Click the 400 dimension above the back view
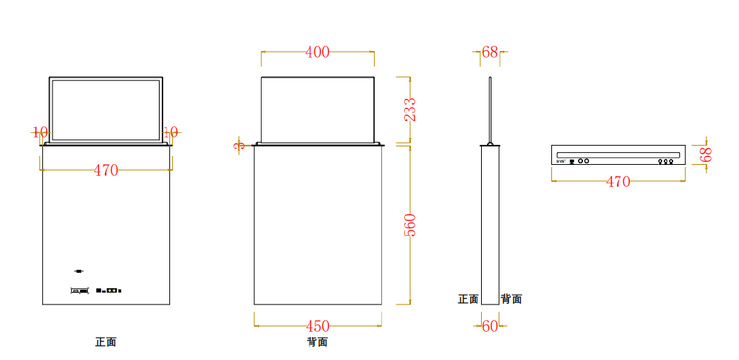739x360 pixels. click(x=317, y=52)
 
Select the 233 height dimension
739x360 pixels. click(x=410, y=109)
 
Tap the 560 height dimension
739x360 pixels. click(x=410, y=225)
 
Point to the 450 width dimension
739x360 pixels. click(x=318, y=326)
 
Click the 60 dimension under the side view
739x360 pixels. click(x=490, y=326)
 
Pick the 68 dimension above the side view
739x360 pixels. click(x=490, y=52)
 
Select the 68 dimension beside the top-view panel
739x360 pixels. click(x=706, y=154)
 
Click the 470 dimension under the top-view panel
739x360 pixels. click(x=618, y=182)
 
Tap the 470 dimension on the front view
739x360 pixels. click(x=106, y=171)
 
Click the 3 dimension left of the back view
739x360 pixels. click(x=239, y=146)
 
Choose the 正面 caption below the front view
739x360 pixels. click(x=106, y=342)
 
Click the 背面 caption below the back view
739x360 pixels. click(x=317, y=342)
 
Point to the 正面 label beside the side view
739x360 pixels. click(x=468, y=299)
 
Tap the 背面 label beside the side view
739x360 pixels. click(x=511, y=299)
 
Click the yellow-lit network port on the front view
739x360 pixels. click(x=112, y=291)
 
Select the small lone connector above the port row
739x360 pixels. click(x=79, y=271)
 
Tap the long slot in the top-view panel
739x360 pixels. click(x=618, y=153)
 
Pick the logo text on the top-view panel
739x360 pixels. click(x=561, y=160)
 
